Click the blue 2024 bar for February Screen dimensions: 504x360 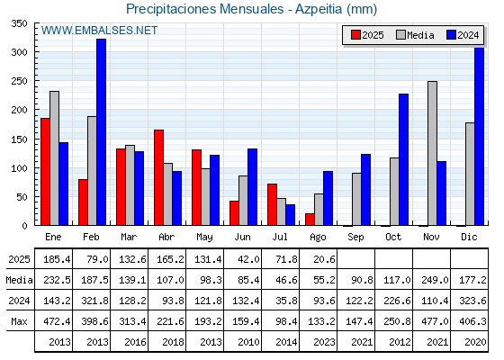pyautogui.click(x=101, y=132)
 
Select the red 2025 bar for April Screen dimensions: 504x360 pyautogui.click(x=158, y=177)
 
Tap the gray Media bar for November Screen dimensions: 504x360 pyautogui.click(x=432, y=153)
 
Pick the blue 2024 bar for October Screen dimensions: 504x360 pyautogui.click(x=404, y=159)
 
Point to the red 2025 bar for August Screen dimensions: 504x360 pyautogui.click(x=310, y=220)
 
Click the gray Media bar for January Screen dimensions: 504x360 pyautogui.click(x=54, y=158)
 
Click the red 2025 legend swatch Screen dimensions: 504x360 pyautogui.click(x=355, y=35)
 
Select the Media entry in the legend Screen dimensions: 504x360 pyautogui.click(x=415, y=35)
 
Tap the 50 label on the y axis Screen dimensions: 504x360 pyautogui.click(x=22, y=197)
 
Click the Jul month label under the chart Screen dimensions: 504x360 pyautogui.click(x=280, y=238)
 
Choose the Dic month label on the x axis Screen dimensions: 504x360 pyautogui.click(x=469, y=238)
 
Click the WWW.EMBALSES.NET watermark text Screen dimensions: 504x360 pyautogui.click(x=99, y=31)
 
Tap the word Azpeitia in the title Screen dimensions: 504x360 pyautogui.click(x=319, y=9)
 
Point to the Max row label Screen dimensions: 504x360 pyautogui.click(x=19, y=321)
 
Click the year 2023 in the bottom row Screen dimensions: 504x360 pyautogui.click(x=325, y=342)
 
